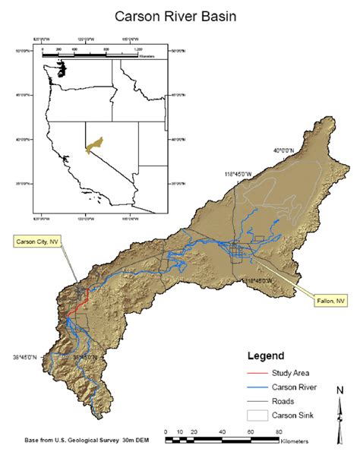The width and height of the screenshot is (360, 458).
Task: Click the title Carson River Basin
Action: pyautogui.click(x=179, y=16)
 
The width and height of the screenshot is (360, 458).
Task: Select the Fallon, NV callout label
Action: pyautogui.click(x=330, y=301)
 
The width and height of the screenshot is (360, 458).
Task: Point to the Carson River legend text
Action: pyautogui.click(x=292, y=387)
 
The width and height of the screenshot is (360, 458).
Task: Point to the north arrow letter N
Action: pyautogui.click(x=339, y=392)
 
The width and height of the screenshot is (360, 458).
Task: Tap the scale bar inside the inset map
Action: pyautogui.click(x=90, y=52)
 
